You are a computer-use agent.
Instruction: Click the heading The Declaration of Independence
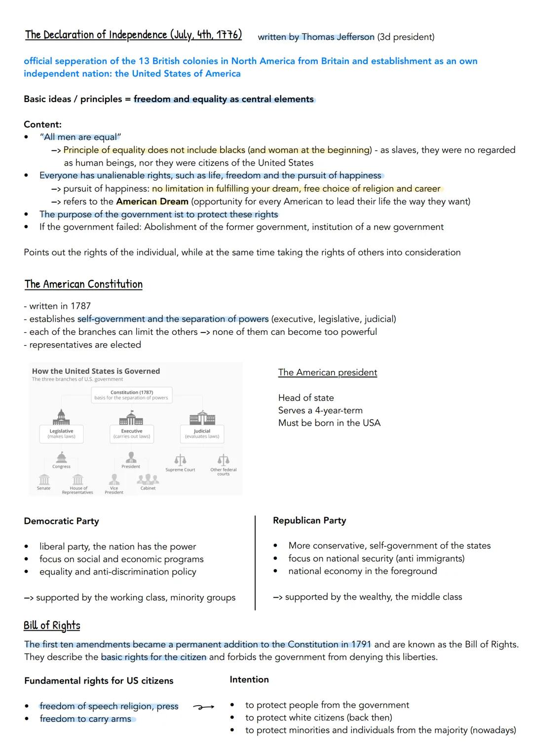coord(133,35)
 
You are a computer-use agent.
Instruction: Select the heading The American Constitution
coord(83,285)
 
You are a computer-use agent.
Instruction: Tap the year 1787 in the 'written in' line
coord(80,306)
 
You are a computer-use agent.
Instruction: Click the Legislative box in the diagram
coord(62,433)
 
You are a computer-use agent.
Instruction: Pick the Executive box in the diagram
coord(131,433)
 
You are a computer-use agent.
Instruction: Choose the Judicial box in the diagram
coord(202,433)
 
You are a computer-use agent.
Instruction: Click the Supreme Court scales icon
coord(180,460)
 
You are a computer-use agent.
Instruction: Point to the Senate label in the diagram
coord(43,488)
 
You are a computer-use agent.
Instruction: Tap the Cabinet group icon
coord(148,479)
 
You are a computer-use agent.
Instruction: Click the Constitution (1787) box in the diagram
coord(132,395)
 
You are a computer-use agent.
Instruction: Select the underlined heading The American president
coord(327,373)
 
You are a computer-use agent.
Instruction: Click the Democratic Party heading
coord(61,521)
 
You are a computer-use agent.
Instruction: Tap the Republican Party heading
coord(309,521)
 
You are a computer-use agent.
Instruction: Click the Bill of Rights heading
coord(52,626)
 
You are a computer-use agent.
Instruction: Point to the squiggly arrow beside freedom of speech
coord(203,707)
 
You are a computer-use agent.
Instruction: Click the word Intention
coord(249,680)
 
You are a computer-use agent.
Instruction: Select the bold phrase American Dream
coord(152,202)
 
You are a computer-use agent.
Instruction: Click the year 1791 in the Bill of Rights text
coord(361,645)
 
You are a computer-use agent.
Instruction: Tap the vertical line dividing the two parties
coord(255,562)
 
